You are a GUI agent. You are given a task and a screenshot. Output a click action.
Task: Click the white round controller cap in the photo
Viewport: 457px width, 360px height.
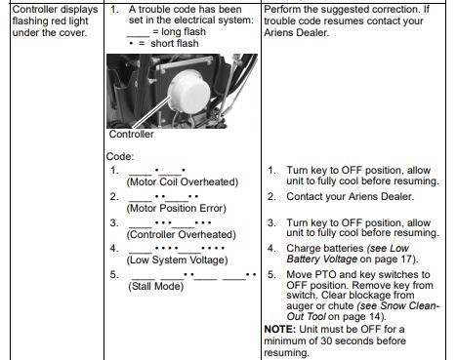tap(189, 92)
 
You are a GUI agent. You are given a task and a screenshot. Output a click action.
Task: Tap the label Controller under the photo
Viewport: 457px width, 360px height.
tap(131, 134)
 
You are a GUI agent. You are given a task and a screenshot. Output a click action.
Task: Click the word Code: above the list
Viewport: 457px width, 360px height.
tap(120, 156)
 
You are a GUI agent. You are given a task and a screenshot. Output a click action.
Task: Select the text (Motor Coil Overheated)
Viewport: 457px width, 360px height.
tap(183, 181)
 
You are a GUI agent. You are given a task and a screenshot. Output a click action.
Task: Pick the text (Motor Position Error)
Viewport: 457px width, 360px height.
tap(176, 208)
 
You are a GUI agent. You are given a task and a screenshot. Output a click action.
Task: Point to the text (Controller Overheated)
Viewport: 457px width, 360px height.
tap(181, 234)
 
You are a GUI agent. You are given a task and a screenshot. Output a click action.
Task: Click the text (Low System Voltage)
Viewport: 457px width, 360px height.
tap(177, 260)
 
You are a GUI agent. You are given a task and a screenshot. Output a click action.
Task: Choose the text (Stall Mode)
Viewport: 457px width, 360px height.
tap(156, 286)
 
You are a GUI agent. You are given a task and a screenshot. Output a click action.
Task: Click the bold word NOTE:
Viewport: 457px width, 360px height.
tap(280, 329)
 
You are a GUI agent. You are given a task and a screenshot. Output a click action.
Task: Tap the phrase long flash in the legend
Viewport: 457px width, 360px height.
tap(184, 31)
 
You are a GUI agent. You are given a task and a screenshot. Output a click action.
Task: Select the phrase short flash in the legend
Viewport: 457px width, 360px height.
tap(175, 43)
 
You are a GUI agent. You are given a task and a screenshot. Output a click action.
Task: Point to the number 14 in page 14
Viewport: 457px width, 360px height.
tap(375, 316)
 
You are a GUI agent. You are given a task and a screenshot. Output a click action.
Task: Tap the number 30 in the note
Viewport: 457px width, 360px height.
tap(326, 340)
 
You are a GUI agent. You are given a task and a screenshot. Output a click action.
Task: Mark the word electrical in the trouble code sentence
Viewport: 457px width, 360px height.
tap(192, 20)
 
